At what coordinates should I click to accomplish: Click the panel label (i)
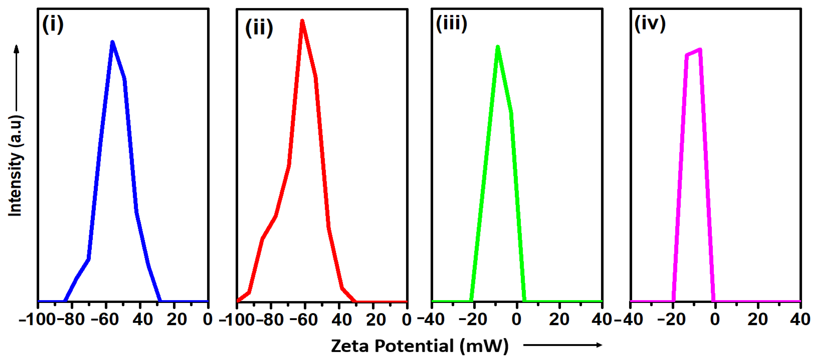pyautogui.click(x=53, y=25)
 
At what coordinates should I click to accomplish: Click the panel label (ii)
pyautogui.click(x=259, y=28)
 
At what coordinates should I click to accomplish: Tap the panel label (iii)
pyautogui.click(x=451, y=24)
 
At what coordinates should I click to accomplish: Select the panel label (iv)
pyautogui.click(x=650, y=24)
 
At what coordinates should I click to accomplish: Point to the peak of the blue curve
pyautogui.click(x=112, y=42)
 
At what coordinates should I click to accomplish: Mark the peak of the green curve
pyautogui.click(x=498, y=47)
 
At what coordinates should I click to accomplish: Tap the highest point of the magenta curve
pyautogui.click(x=700, y=49)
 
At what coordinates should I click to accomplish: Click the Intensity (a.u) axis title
pyautogui.click(x=15, y=165)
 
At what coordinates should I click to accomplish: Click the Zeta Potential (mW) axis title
pyautogui.click(x=420, y=346)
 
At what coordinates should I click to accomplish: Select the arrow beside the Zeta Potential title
pyautogui.click(x=562, y=345)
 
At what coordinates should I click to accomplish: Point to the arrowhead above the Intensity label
pyautogui.click(x=16, y=49)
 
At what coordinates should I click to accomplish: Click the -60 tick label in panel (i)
pyautogui.click(x=105, y=319)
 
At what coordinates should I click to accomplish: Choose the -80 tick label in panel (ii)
pyautogui.click(x=270, y=319)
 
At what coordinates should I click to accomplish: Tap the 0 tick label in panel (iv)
pyautogui.click(x=715, y=319)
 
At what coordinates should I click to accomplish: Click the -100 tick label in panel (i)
pyautogui.click(x=37, y=319)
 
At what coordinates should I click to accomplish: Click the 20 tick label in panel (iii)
pyautogui.click(x=559, y=319)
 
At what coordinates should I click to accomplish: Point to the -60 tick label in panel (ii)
pyautogui.click(x=303, y=319)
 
